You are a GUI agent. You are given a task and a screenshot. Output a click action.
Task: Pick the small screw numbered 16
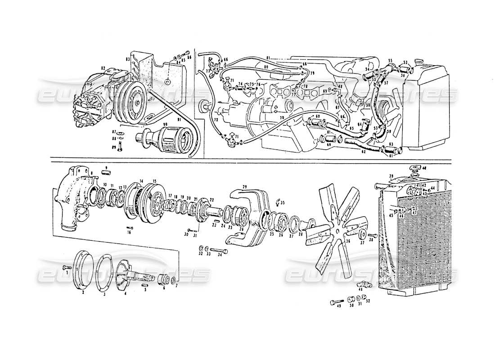pos(130,227)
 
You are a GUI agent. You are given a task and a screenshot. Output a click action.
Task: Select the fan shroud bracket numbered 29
pos(250,216)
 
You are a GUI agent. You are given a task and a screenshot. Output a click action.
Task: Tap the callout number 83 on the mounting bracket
pos(128,59)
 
